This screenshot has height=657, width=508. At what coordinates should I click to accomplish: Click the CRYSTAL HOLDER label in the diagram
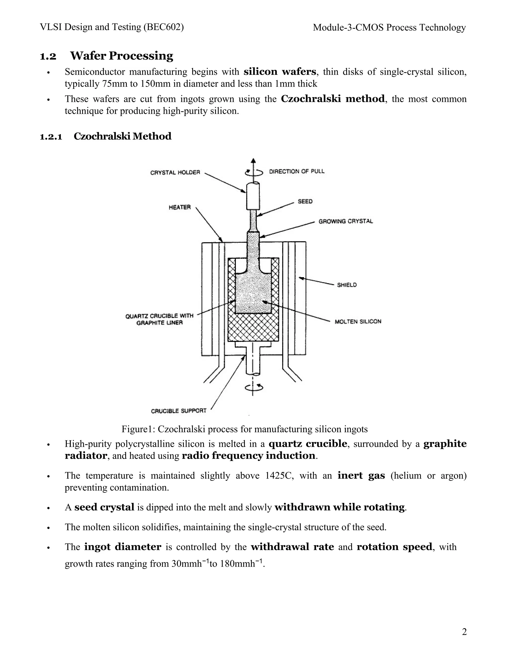175,172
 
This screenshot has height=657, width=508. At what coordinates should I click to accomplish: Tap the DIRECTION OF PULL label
296,172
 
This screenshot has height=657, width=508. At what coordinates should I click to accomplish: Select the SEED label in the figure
305,201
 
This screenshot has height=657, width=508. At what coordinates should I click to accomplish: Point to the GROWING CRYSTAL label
346,221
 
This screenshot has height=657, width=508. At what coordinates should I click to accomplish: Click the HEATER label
180,207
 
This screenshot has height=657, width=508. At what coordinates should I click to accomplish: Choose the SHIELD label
347,285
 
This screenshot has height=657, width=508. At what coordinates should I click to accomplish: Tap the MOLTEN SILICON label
358,322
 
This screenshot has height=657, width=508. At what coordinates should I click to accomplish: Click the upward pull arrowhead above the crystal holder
254,161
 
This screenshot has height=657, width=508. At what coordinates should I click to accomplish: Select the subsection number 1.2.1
51,137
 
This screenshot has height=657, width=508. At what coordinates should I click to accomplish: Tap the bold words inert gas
361,475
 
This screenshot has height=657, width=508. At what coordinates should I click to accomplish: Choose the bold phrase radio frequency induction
249,455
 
